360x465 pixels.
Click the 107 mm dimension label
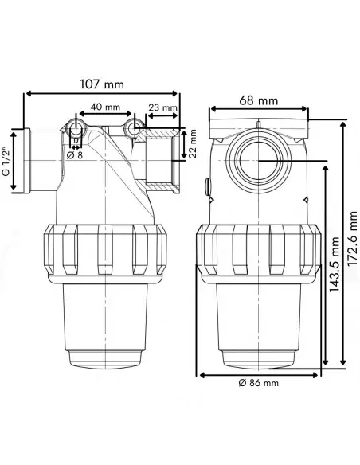coord(102,84)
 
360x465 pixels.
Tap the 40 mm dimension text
coord(105,107)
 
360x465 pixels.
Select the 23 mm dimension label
coord(162,107)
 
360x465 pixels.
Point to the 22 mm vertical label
coord(193,143)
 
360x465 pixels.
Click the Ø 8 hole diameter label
coord(75,155)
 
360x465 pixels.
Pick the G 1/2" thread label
coord(6,161)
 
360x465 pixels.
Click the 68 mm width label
coord(259,100)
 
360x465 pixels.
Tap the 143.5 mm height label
coord(335,264)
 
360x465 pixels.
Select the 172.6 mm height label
coord(352,239)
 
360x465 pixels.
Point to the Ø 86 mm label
coord(259,383)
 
